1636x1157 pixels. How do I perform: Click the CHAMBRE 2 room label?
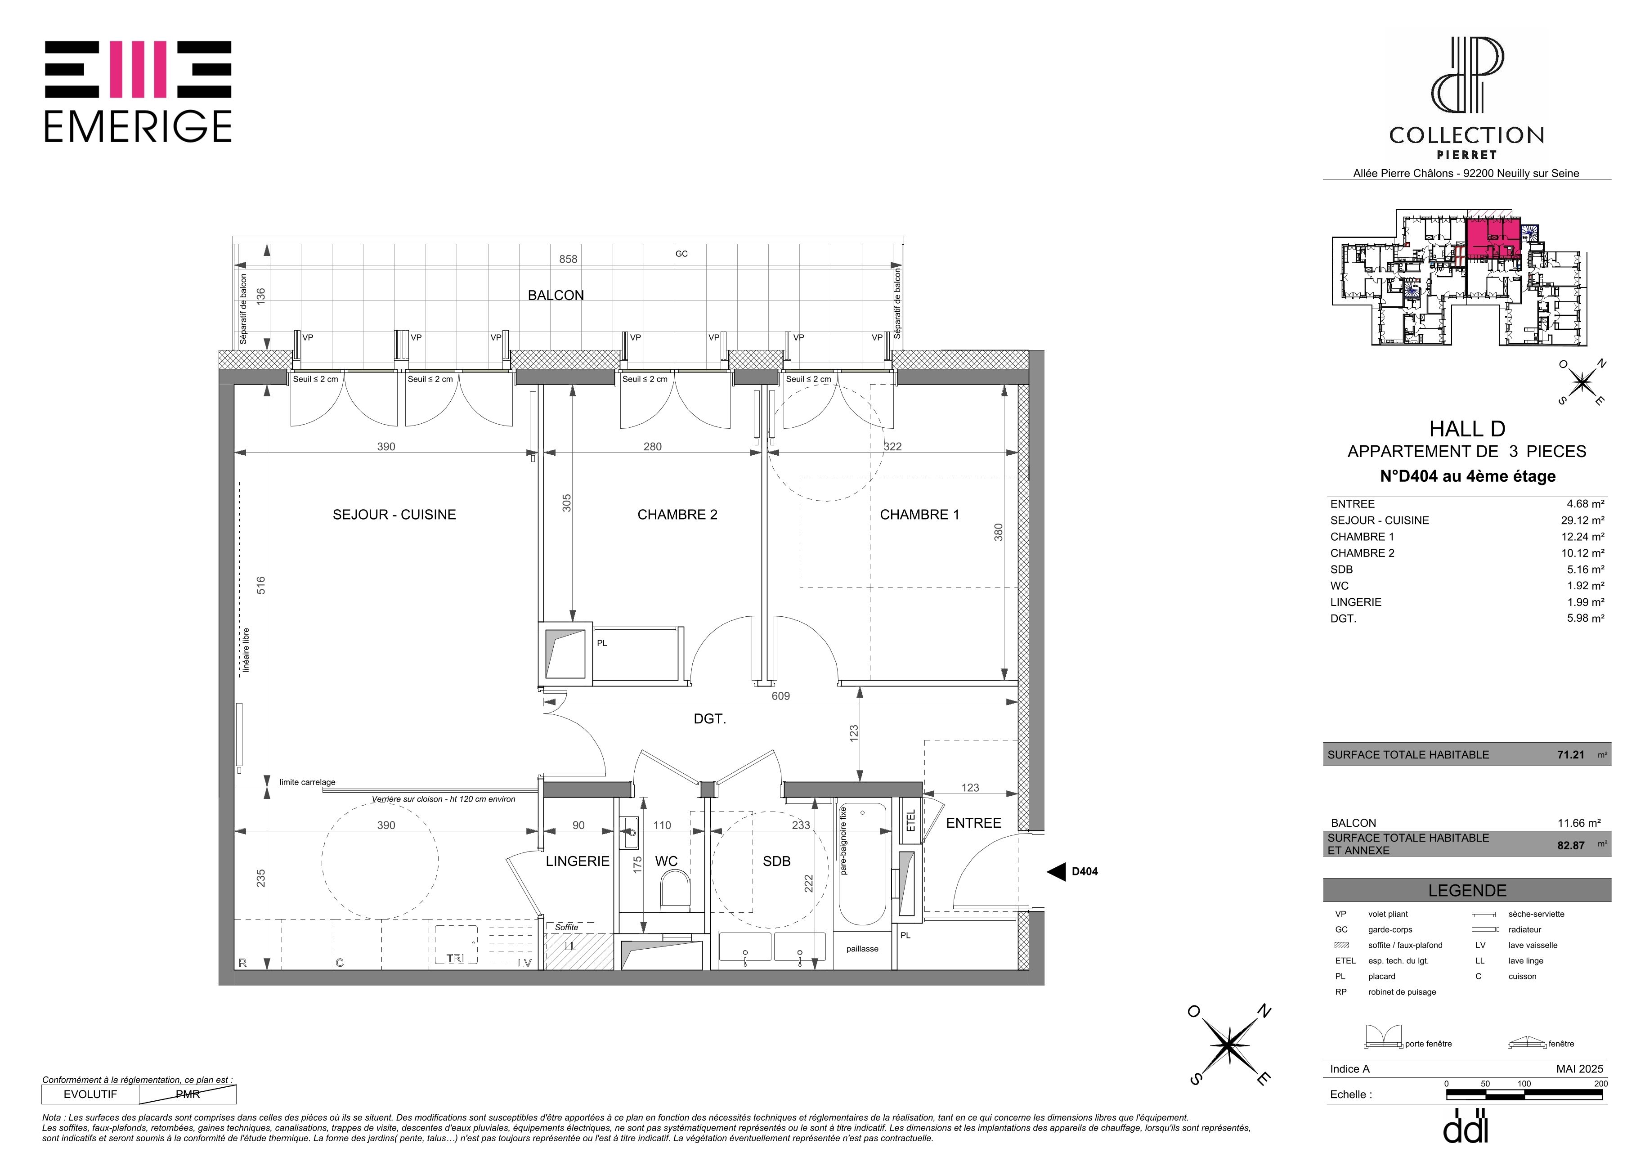[677, 514]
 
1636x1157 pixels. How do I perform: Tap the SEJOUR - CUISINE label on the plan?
[394, 514]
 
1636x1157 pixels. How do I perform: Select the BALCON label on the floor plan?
[556, 295]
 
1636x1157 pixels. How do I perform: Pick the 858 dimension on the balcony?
[568, 259]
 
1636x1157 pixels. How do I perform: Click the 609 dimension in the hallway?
[780, 696]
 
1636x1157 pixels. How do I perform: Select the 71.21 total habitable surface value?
[1570, 754]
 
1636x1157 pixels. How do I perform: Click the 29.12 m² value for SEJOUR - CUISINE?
[1582, 520]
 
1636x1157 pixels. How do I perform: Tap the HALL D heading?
[1467, 429]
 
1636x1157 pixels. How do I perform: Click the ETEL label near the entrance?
[910, 821]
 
